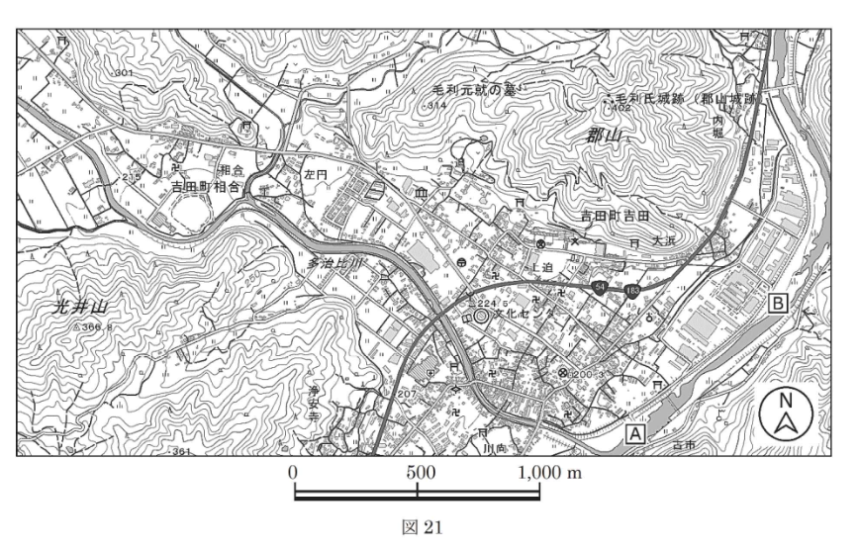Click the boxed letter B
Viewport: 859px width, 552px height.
pos(779,305)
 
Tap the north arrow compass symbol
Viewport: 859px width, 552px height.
pos(787,414)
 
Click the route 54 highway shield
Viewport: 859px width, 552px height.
pos(601,286)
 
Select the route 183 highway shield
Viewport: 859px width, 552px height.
pos(631,290)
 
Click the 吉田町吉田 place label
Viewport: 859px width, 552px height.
pos(614,215)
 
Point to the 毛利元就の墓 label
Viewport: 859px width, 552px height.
pos(470,89)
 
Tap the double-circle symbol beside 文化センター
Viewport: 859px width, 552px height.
pos(482,317)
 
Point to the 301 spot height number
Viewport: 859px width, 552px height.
pos(124,74)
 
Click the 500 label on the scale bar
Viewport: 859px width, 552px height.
pos(421,472)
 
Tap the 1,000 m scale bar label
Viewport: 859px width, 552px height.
pos(552,472)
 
